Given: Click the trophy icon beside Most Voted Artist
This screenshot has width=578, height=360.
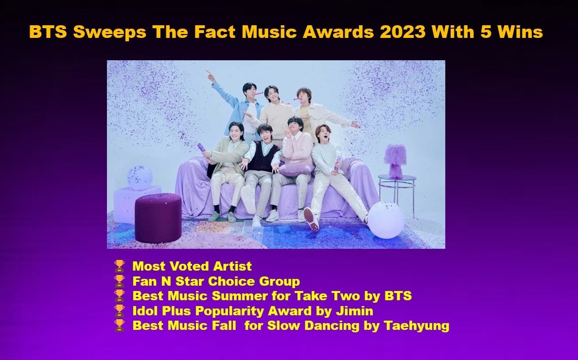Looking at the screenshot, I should click(119, 266).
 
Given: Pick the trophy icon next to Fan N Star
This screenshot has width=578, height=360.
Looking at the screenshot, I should click(119, 281).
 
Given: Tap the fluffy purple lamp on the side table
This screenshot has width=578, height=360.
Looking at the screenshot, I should click(395, 160).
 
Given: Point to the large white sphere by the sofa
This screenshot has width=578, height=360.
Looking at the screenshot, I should click(385, 220).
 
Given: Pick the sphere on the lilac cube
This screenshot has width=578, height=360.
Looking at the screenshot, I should click(140, 176).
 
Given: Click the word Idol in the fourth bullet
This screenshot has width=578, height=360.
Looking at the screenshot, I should click(145, 311).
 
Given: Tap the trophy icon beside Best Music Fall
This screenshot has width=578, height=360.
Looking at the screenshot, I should click(119, 326).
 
